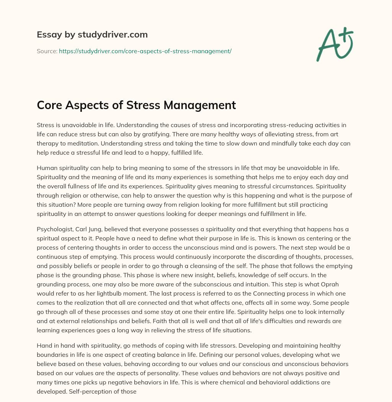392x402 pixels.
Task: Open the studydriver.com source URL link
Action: (x=145, y=51)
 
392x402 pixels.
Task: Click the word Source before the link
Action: (x=46, y=51)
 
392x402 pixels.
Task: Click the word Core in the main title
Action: (x=49, y=105)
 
